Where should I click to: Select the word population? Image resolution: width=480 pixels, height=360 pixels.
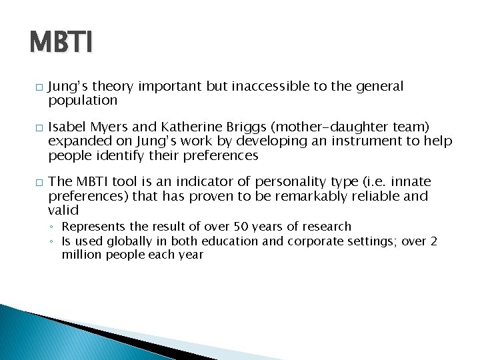point(83,101)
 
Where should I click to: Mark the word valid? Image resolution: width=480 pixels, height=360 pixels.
point(63,210)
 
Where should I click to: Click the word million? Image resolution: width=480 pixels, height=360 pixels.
point(79,255)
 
